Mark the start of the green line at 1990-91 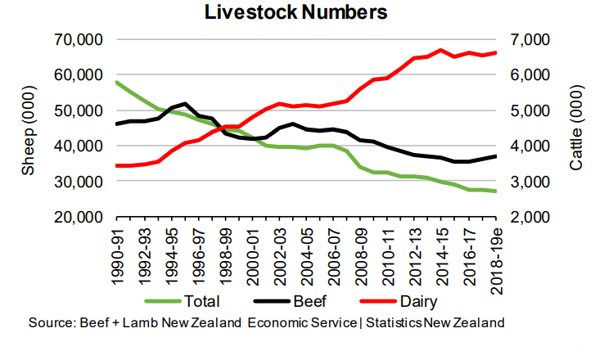pos(116,82)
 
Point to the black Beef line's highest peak pos(185,104)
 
